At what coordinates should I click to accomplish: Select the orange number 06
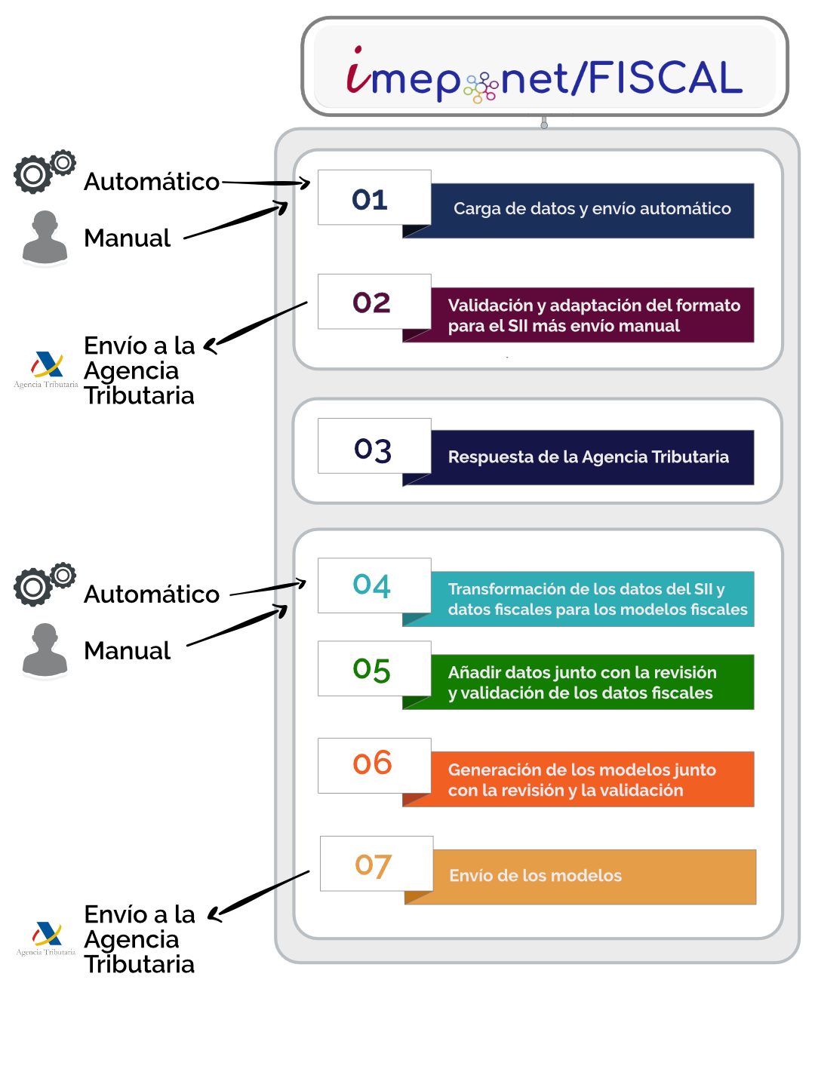click(x=373, y=763)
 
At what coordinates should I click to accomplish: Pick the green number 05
click(x=372, y=669)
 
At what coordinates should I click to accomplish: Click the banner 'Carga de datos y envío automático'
click(x=592, y=210)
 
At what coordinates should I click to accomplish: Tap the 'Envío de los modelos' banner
click(x=593, y=876)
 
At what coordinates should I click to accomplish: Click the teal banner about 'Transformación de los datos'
click(x=593, y=599)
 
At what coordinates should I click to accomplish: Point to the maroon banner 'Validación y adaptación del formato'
click(x=593, y=315)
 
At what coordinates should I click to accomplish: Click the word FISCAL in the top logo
click(x=665, y=78)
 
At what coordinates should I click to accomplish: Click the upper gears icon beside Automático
click(x=44, y=172)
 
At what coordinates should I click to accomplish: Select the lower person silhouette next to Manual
click(x=45, y=650)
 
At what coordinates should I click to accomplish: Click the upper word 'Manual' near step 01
click(x=128, y=238)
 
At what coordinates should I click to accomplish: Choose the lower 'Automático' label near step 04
click(x=152, y=594)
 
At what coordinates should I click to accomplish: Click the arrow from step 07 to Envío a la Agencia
click(x=260, y=895)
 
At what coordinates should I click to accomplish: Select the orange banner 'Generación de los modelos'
click(x=593, y=779)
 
